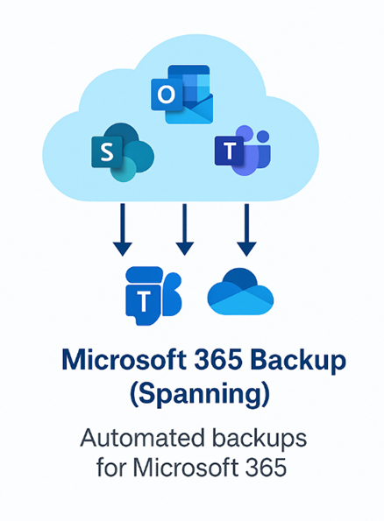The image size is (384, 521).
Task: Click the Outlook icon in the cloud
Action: (181, 95)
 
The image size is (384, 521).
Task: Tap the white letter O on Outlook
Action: (166, 95)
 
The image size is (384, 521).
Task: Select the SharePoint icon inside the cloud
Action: (123, 152)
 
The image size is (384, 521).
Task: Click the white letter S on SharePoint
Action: (107, 152)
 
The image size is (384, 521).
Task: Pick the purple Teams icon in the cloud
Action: (243, 151)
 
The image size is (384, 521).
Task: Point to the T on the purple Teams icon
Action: (230, 151)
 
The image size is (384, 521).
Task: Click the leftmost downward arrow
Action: (123, 229)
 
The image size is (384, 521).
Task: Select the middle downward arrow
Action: (184, 229)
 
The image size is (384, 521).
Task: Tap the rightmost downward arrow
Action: (246, 229)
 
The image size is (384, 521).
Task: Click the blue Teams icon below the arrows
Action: (153, 296)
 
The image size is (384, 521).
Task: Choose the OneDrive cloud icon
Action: (240, 292)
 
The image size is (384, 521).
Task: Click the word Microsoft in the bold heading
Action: (124, 360)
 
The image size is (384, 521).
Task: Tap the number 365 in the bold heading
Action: (218, 360)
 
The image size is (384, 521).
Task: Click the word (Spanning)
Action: (200, 395)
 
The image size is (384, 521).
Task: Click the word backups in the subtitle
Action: (260, 440)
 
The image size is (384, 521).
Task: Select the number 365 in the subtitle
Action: (266, 468)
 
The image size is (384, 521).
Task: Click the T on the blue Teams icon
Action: (144, 301)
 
